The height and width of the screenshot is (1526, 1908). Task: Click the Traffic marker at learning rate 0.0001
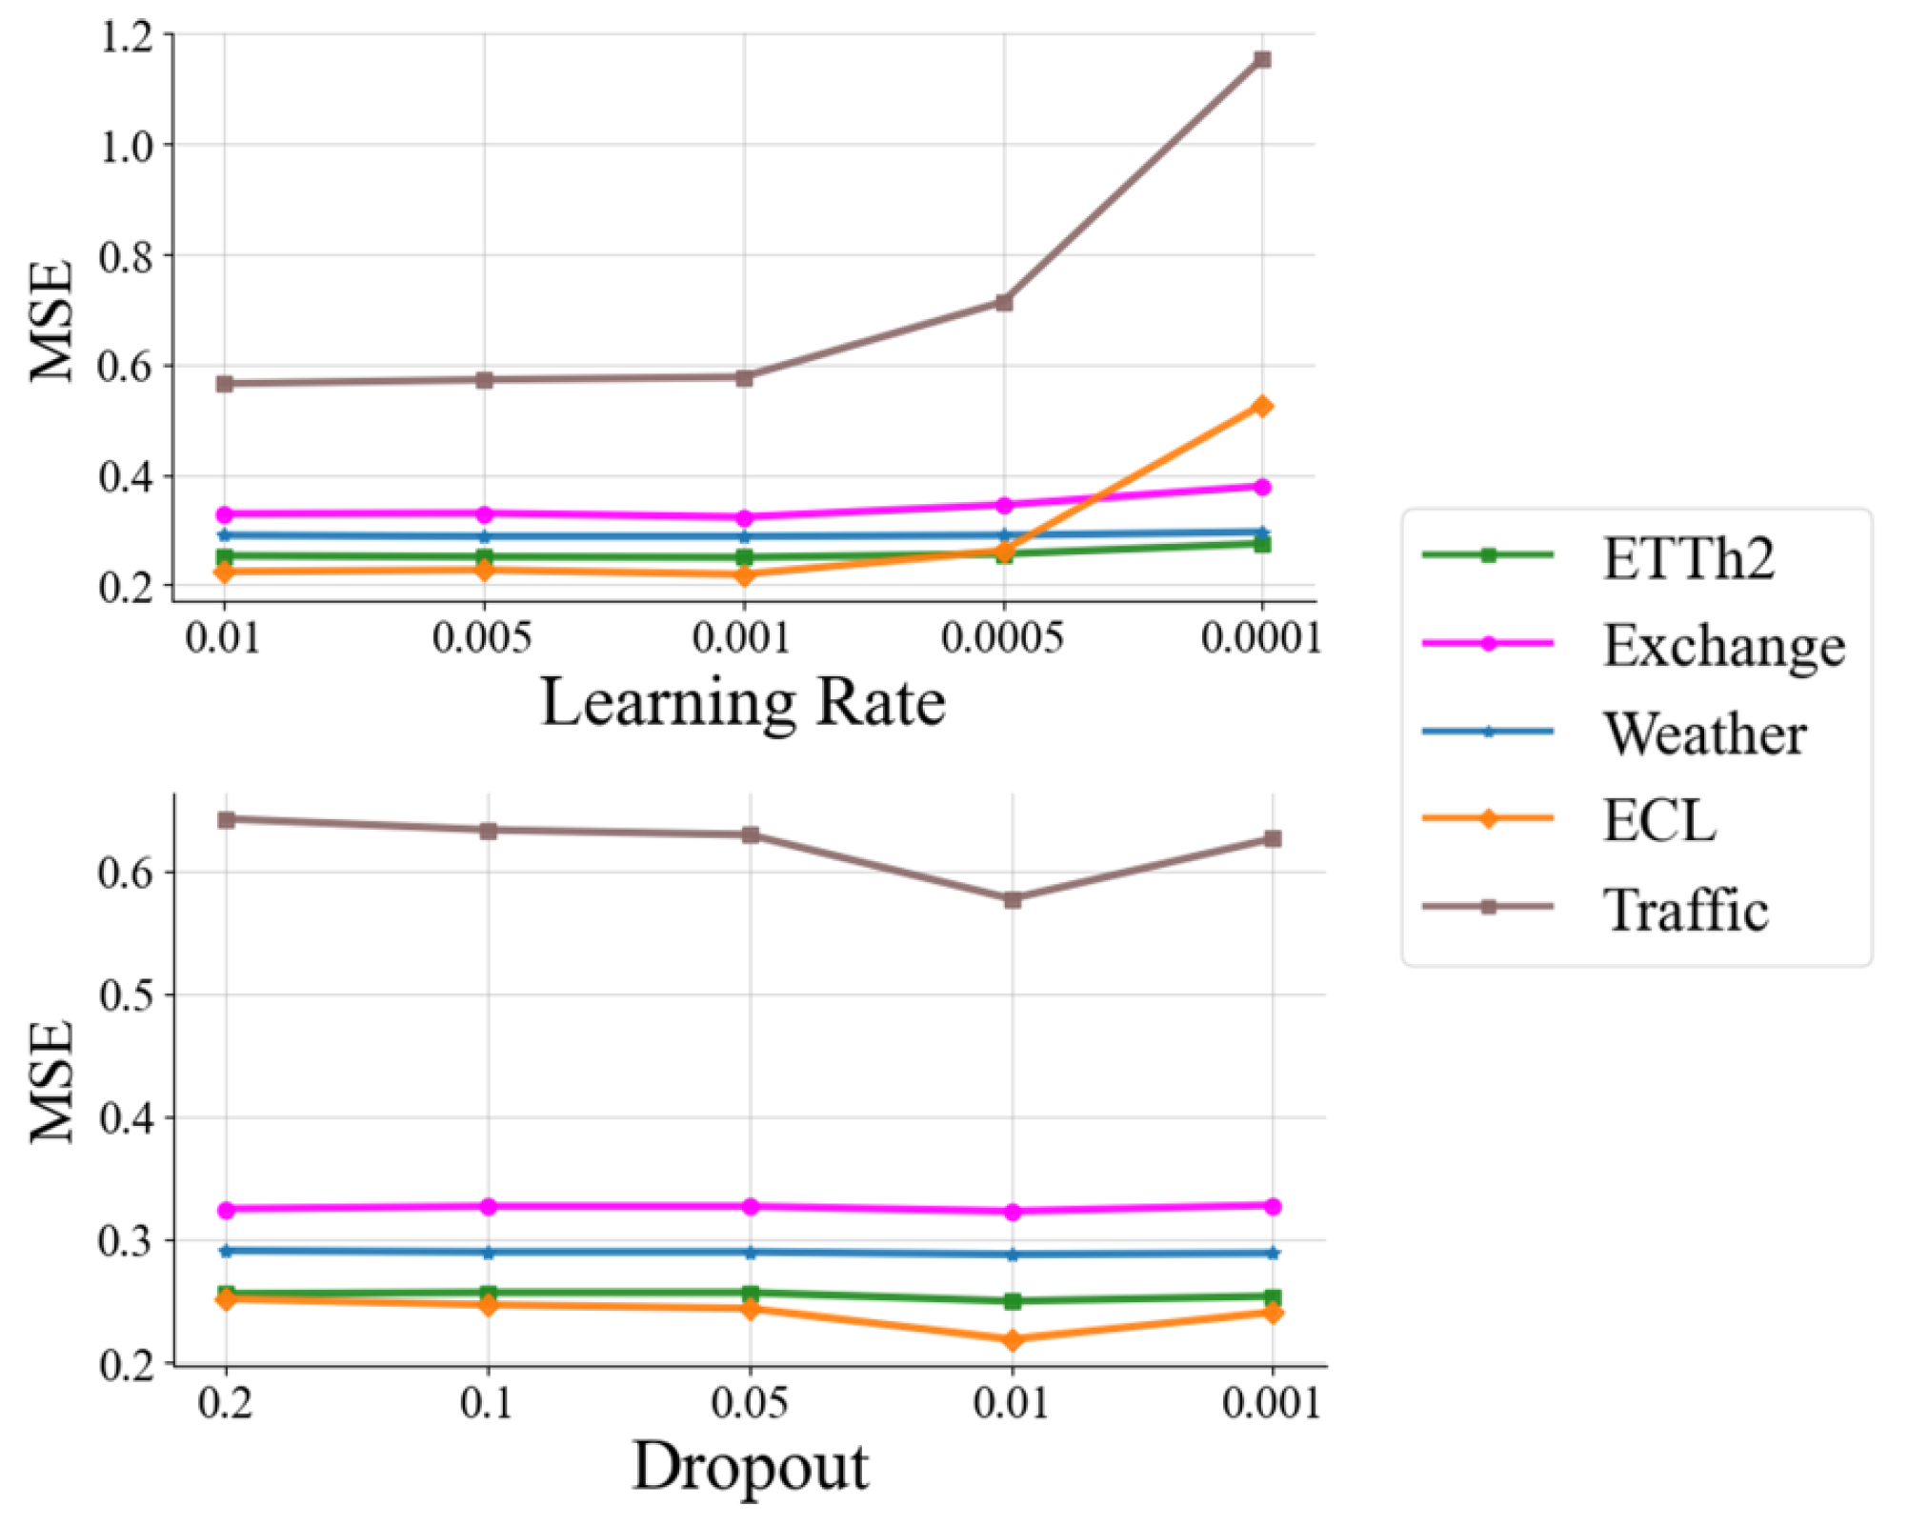[x=1262, y=60]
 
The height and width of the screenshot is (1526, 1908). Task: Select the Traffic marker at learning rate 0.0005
[x=1003, y=302]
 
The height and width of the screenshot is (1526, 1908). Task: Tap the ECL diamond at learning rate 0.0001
[x=1262, y=407]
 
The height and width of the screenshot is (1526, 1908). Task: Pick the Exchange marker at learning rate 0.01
[x=225, y=514]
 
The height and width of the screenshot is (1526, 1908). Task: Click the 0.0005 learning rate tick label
[x=1002, y=637]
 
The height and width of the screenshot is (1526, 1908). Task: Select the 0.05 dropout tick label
[x=750, y=1403]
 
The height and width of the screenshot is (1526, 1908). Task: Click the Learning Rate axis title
[x=743, y=703]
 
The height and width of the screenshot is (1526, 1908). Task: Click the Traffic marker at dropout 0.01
[x=1013, y=899]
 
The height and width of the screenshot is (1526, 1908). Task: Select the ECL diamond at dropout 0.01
[x=1013, y=1340]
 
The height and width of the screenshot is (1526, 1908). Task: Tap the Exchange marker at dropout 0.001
[x=1273, y=1206]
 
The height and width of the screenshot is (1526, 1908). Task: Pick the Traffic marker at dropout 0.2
[x=226, y=819]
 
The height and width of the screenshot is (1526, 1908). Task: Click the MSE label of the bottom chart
[x=53, y=1080]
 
